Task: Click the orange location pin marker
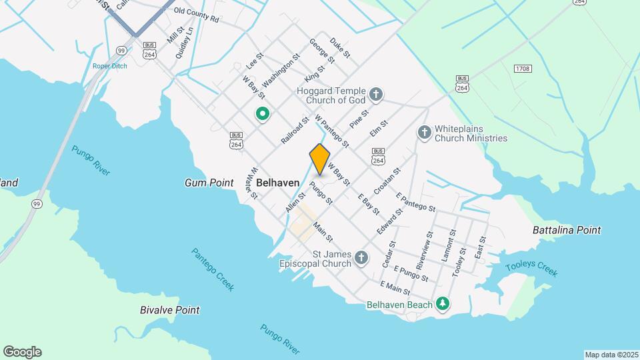(x=320, y=159)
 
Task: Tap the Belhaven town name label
(x=277, y=182)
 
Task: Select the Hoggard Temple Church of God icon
(x=376, y=94)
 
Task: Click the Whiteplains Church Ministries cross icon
(x=424, y=133)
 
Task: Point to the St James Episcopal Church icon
(x=361, y=257)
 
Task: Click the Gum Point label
(x=209, y=183)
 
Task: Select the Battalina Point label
(x=567, y=230)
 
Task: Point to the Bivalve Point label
(x=170, y=310)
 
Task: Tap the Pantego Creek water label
(x=213, y=269)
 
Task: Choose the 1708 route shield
(x=523, y=69)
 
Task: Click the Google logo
(x=22, y=352)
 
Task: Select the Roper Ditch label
(x=109, y=66)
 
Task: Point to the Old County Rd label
(x=196, y=15)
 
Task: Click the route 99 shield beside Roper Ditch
(x=121, y=50)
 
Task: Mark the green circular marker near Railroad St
(x=263, y=114)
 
